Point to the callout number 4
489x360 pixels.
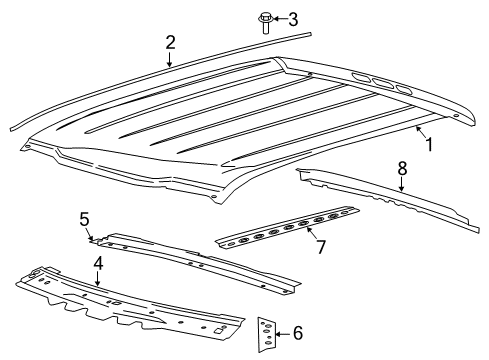(x=98, y=263)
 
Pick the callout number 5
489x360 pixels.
(x=85, y=218)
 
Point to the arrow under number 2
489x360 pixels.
(x=168, y=60)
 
